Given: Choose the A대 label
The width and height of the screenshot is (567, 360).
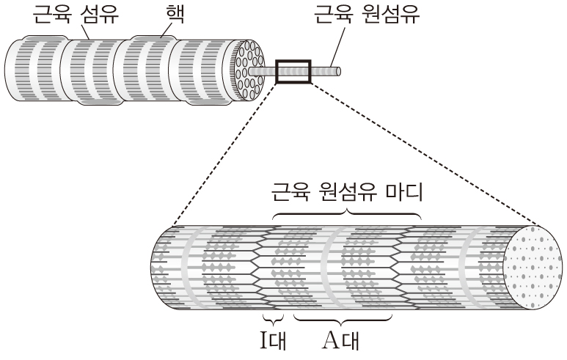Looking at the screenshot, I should point(343,342).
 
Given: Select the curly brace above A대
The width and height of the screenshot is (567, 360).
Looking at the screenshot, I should point(343,321).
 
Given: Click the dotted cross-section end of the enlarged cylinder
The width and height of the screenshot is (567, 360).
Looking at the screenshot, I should point(536,265).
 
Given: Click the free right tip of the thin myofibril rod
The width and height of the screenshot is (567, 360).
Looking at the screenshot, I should point(342,71).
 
